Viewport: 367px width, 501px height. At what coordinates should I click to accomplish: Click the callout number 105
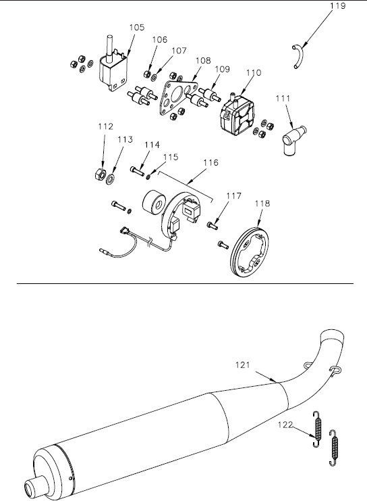point(137,28)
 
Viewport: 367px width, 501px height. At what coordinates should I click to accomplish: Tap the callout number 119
point(338,6)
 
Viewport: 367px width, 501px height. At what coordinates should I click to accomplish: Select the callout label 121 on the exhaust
point(243,364)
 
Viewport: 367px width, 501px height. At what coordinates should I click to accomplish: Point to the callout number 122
point(285,425)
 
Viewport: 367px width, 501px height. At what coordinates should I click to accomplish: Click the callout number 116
point(210,163)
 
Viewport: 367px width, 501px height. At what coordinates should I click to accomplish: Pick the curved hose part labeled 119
point(299,56)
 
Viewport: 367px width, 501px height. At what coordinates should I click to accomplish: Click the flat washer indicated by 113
point(111,178)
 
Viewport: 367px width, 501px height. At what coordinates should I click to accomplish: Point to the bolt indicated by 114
point(138,170)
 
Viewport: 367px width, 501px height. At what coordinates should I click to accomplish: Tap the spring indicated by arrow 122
point(317,429)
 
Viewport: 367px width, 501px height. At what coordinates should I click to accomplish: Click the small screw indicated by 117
point(213,226)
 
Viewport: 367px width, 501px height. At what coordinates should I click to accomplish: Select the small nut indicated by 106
point(147,74)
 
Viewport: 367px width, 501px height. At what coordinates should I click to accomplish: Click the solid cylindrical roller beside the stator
point(152,204)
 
